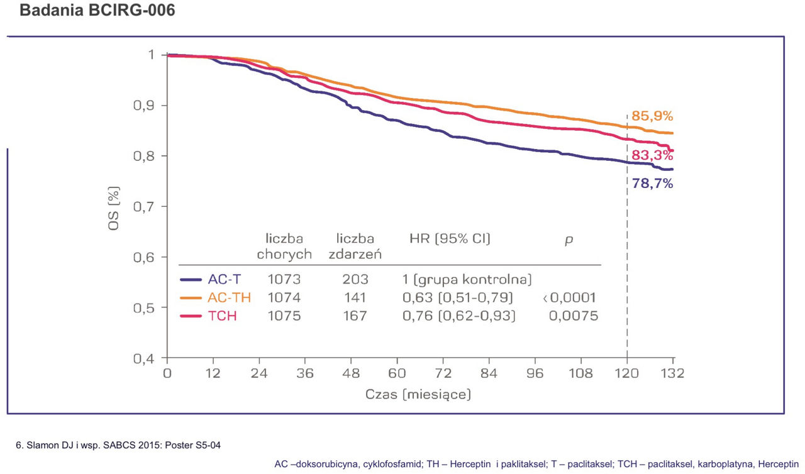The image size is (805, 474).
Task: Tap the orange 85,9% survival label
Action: pos(652,116)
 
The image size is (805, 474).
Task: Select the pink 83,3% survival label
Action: pos(652,156)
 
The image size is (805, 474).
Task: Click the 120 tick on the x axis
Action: pos(627,373)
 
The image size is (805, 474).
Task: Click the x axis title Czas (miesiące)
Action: pos(418,395)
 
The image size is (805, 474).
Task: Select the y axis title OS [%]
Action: pos(114,206)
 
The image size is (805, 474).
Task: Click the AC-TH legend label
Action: pos(229,297)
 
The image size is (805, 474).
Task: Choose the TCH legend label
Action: pos(222,316)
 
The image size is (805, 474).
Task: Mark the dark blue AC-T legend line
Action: pos(191,280)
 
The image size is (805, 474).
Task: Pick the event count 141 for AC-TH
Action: pos(355,297)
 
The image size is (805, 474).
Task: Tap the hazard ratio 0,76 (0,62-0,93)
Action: pos(458,316)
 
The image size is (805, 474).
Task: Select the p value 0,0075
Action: pos(573,316)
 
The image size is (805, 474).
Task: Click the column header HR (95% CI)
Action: pos(450,238)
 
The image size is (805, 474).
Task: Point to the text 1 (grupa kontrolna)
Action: pos(467,279)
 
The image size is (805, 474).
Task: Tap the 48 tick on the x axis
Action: pos(351,373)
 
